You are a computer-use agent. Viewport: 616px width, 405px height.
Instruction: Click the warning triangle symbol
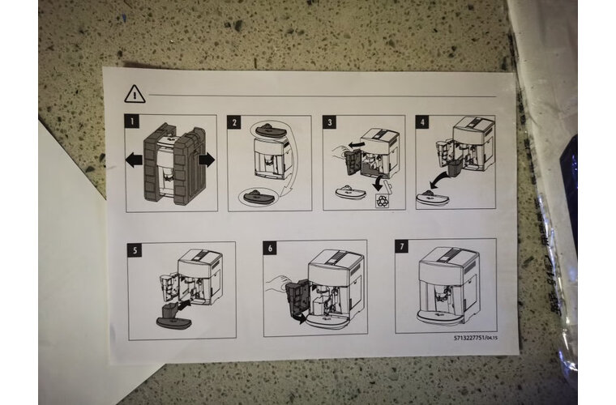135,95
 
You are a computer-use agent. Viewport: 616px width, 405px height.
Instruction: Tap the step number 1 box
132,122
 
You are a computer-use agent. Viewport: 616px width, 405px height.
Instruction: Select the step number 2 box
234,122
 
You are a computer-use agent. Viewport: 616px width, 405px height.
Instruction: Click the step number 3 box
330,122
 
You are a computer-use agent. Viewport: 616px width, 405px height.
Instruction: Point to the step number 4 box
422,122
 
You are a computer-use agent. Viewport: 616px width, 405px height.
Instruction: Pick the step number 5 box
135,250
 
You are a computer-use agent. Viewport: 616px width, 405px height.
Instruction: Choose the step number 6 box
270,248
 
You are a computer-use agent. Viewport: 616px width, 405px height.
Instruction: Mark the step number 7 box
402,246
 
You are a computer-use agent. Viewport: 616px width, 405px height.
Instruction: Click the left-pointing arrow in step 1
134,160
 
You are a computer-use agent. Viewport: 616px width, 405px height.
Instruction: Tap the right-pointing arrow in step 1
207,160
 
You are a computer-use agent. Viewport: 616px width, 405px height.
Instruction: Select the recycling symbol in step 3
383,201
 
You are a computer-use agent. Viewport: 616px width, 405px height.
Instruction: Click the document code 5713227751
469,338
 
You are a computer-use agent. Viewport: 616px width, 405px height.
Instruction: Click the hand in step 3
340,151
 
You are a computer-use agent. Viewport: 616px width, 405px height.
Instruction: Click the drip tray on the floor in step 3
350,191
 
